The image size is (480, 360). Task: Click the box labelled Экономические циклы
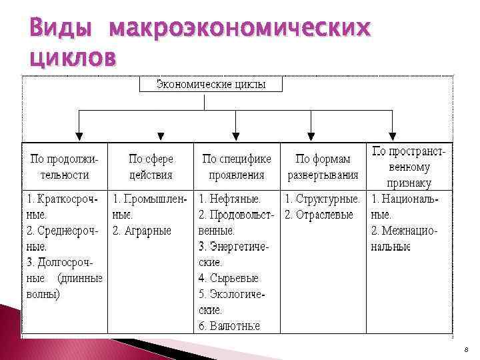[x=211, y=84]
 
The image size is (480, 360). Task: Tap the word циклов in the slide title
[x=72, y=57]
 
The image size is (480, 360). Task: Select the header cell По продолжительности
[x=64, y=167]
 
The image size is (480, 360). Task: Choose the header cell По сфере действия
[x=151, y=167]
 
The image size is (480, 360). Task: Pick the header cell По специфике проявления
[x=237, y=167]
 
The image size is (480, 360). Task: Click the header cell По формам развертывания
[x=323, y=167]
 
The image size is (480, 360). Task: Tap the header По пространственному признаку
[x=409, y=167]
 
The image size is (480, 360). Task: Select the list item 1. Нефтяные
[x=230, y=199]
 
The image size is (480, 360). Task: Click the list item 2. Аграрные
[x=142, y=231]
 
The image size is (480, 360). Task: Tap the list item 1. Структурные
[x=323, y=199]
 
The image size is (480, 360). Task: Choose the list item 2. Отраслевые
[x=319, y=215]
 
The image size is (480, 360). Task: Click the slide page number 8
[x=467, y=349]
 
